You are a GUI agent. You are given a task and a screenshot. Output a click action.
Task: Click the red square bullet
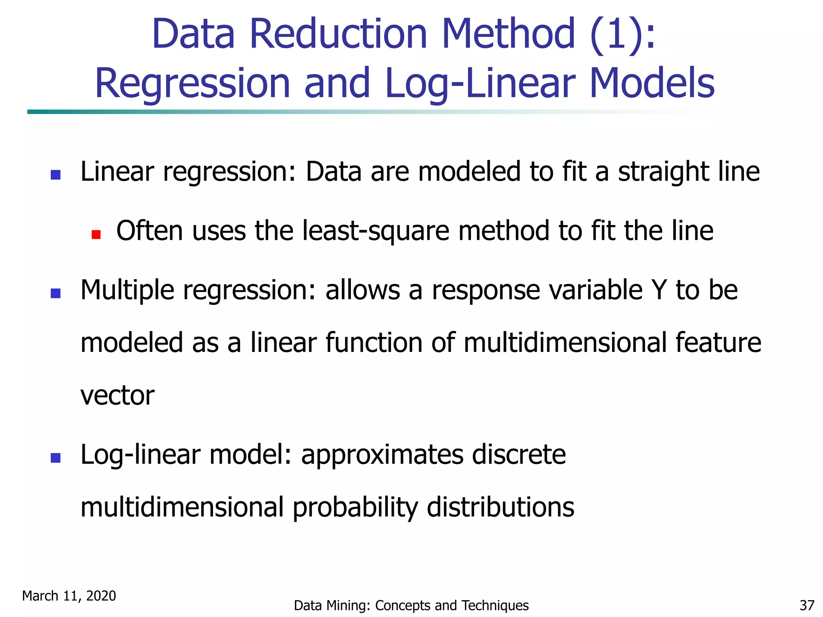(96, 234)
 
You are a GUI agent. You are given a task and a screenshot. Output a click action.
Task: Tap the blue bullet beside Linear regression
(55, 175)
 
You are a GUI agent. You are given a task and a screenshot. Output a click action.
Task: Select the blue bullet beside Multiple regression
(55, 293)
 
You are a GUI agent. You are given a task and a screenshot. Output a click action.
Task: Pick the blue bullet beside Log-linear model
(55, 458)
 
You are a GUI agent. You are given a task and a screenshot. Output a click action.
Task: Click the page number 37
(807, 605)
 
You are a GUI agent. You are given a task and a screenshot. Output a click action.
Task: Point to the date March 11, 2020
(69, 596)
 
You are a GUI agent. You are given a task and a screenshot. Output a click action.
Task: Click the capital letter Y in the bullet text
(659, 290)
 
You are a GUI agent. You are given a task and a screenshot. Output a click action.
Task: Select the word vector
(117, 395)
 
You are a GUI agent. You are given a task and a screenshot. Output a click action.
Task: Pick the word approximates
(382, 456)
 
